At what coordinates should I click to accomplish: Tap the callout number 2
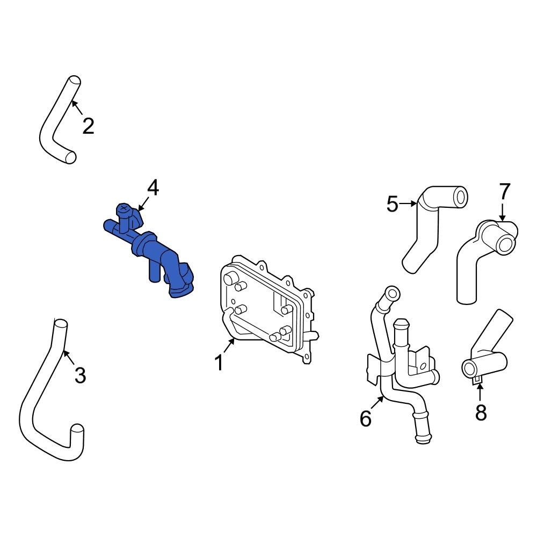[88, 126]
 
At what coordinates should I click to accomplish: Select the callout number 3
[80, 375]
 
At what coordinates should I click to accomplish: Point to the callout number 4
[153, 188]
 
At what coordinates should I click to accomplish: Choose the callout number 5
[393, 204]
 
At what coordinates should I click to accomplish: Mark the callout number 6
[366, 419]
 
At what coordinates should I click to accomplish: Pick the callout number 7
[505, 191]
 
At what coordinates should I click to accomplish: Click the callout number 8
[481, 412]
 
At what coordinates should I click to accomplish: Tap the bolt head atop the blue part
[124, 208]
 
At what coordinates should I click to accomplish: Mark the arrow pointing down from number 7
[502, 212]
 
